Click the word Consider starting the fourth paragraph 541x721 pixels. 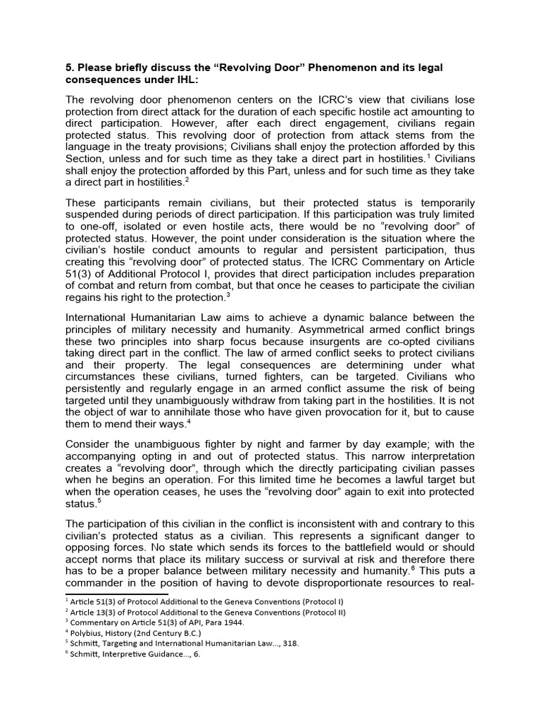(90, 444)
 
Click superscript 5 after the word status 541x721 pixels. (100, 501)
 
